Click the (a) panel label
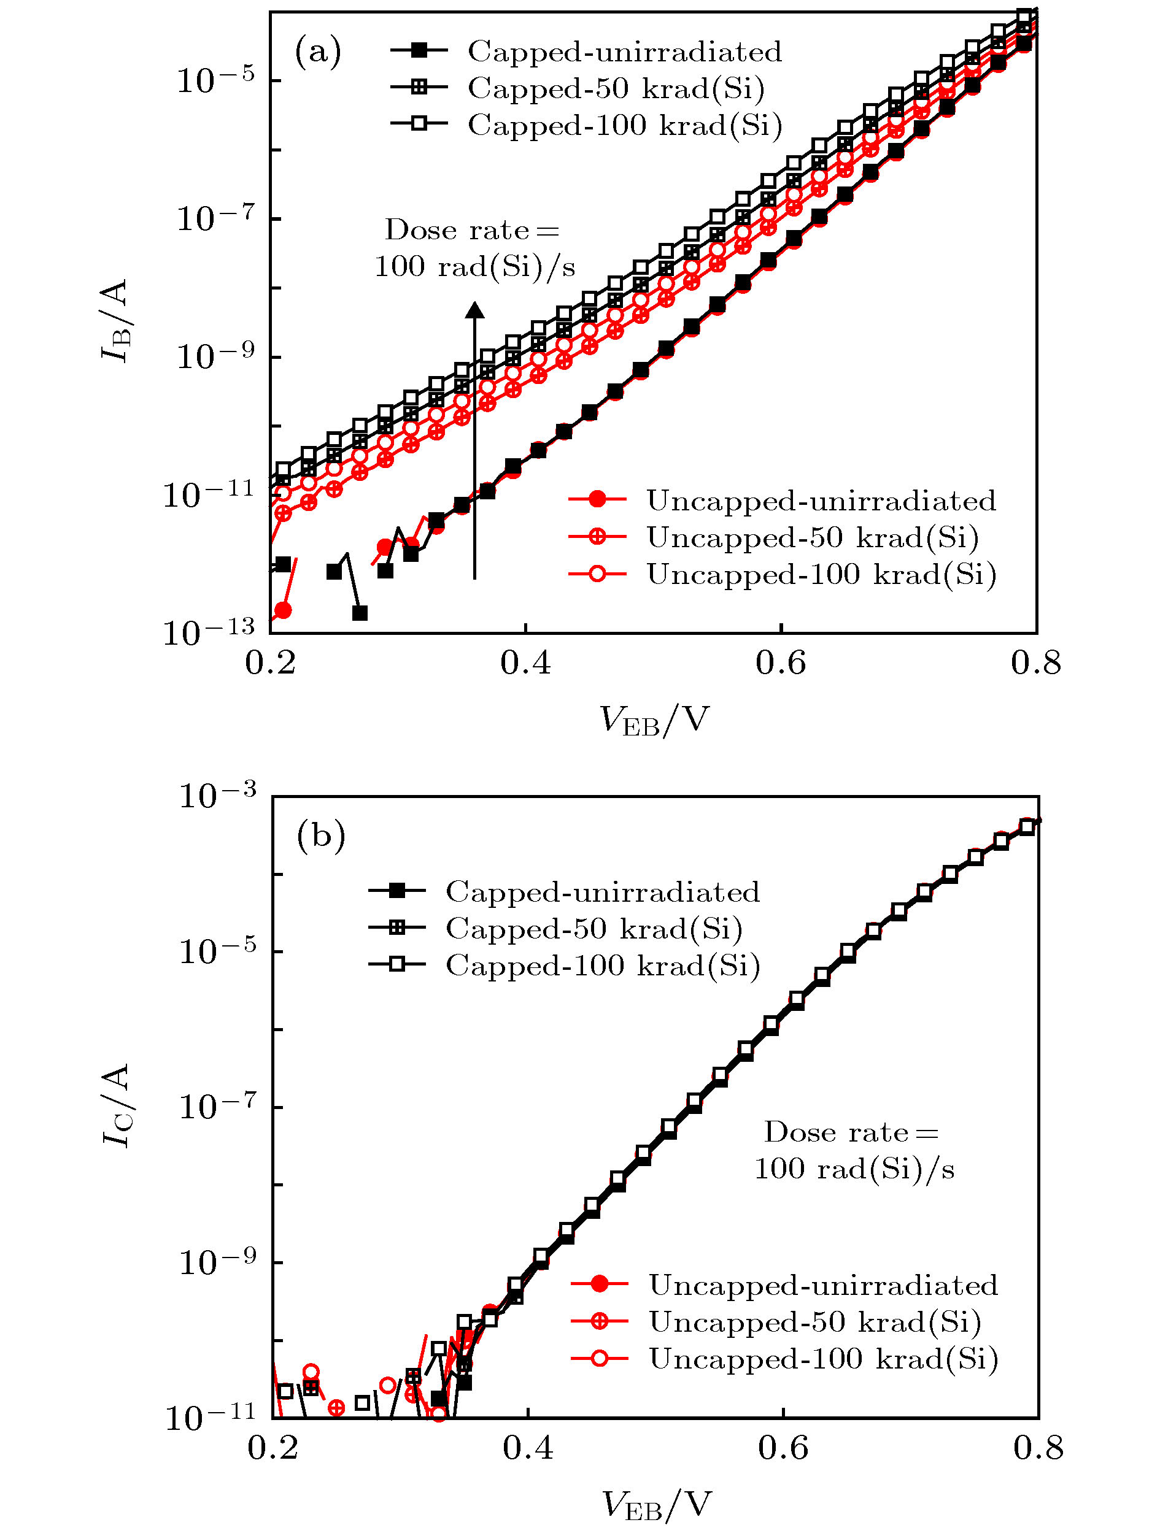317,52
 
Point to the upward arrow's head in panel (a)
474,310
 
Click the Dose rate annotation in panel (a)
474,248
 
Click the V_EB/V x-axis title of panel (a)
654,720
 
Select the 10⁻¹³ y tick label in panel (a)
209,632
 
